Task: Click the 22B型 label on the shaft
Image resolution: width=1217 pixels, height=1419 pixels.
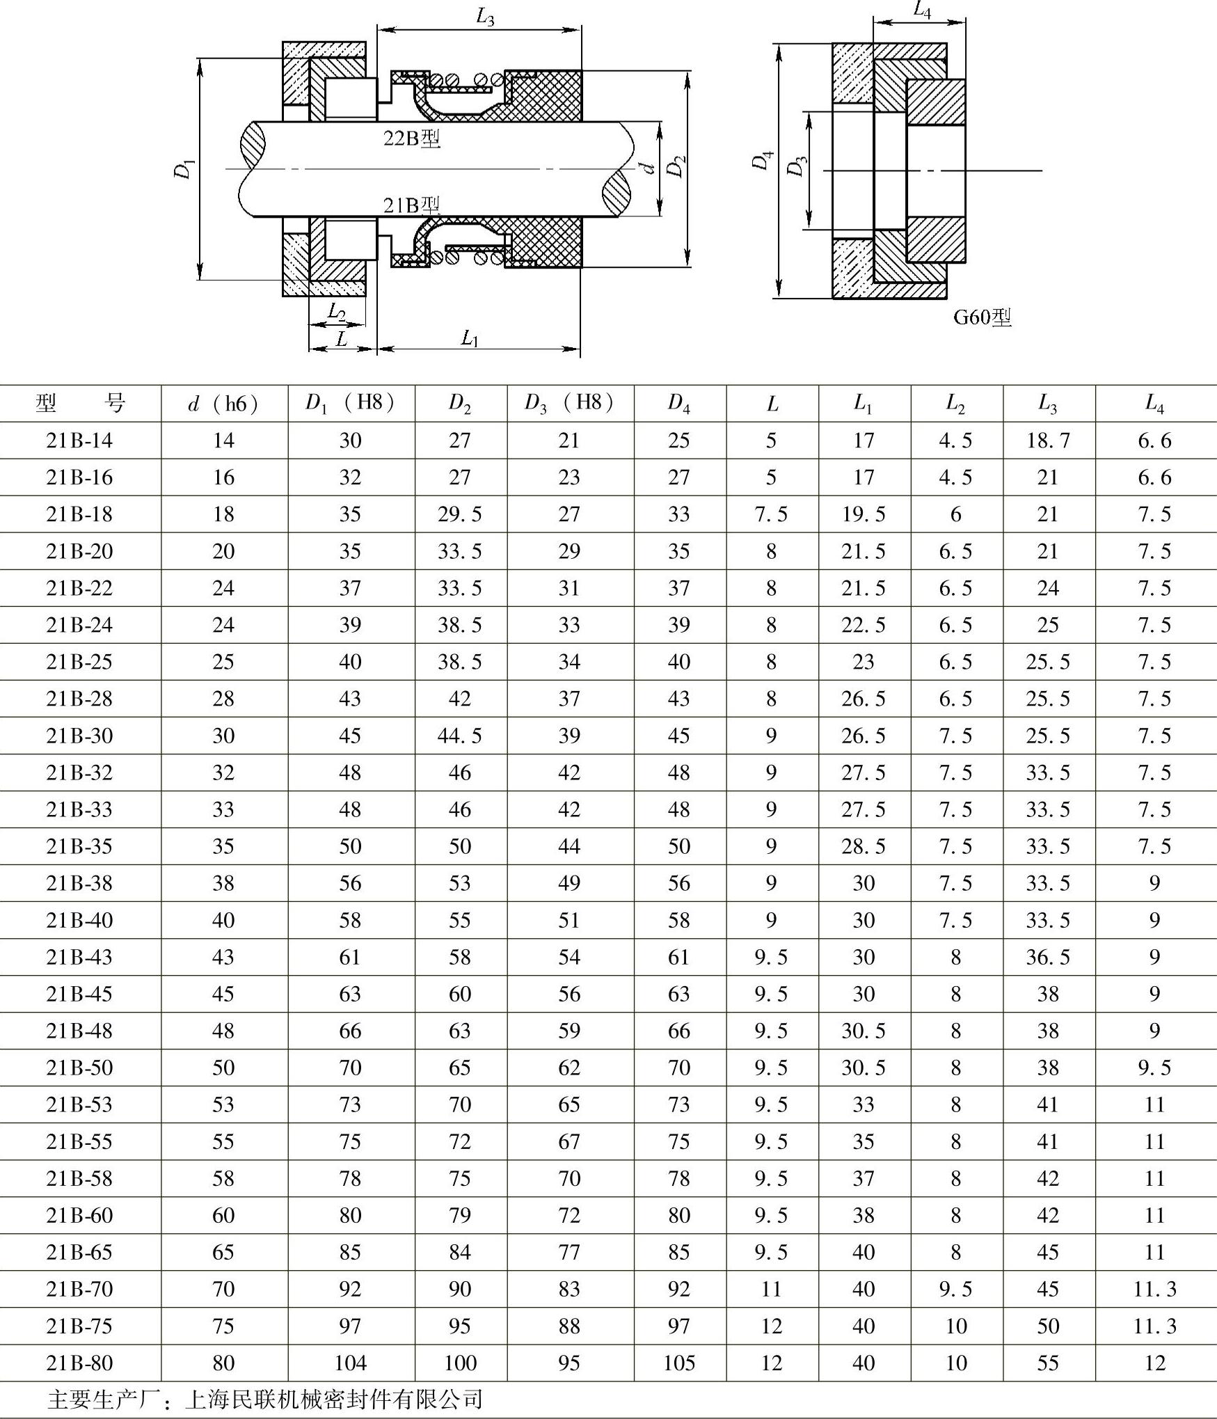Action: coord(412,138)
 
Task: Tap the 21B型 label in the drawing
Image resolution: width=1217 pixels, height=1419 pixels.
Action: coord(412,205)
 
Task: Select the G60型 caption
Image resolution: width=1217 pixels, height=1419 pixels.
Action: coord(982,317)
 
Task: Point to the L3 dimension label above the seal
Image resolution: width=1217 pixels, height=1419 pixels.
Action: coord(485,17)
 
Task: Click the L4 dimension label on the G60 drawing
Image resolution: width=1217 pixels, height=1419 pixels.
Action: coord(922,10)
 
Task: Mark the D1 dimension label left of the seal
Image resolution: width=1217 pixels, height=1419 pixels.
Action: coord(184,169)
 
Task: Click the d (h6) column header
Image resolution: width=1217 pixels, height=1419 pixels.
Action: coord(223,404)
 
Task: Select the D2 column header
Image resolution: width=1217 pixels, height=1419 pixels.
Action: coord(459,404)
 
